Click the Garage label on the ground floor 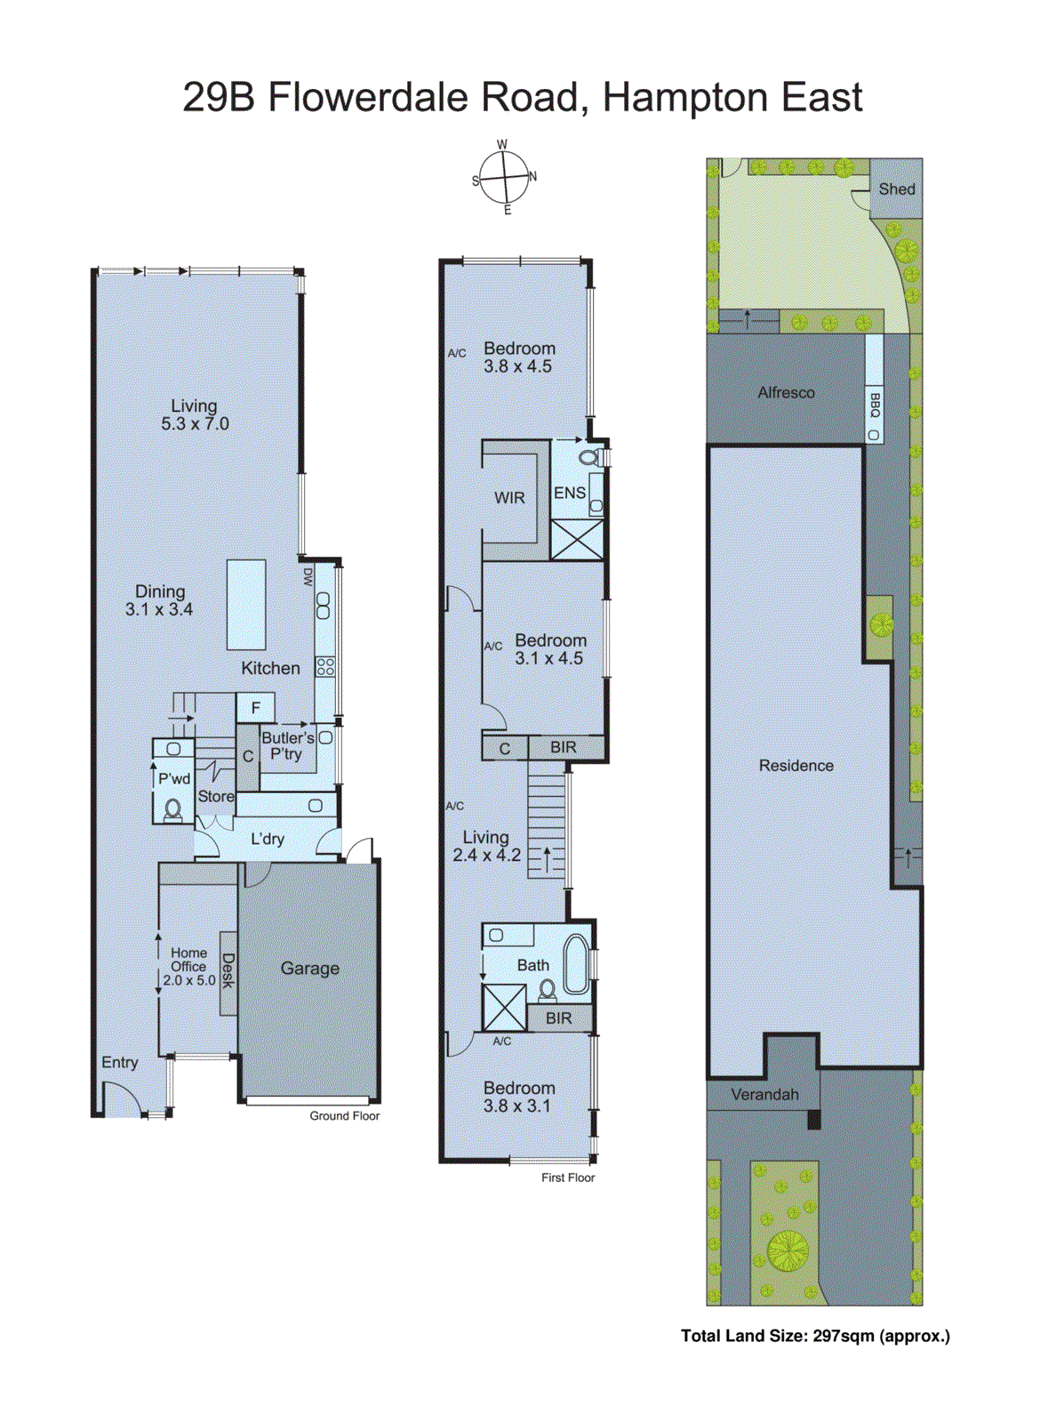point(309,969)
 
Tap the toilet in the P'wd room point(172,809)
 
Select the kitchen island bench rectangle point(246,605)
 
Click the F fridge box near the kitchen point(256,708)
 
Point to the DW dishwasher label point(308,577)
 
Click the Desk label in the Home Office point(228,971)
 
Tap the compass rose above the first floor point(505,177)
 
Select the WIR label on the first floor point(509,498)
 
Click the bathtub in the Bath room point(577,964)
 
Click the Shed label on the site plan point(896,189)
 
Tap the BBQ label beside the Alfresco point(875,406)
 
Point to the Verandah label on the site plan point(764,1095)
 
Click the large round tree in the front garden point(787,1250)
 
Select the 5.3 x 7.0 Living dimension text point(195,424)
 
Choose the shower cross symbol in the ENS point(577,540)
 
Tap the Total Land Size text point(814,1336)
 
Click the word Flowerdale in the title point(423,98)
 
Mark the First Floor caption point(567,1178)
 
